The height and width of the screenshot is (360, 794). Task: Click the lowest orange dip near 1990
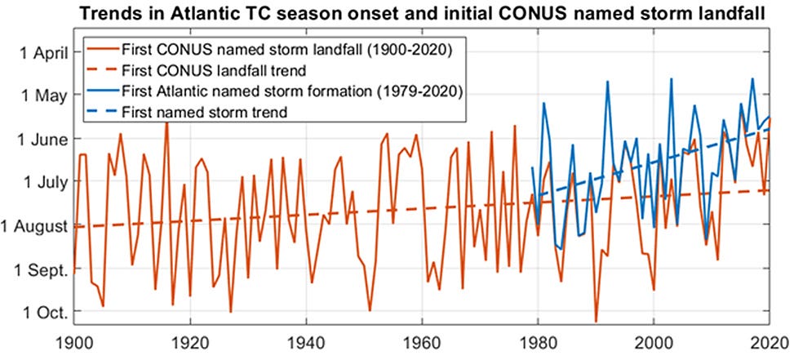point(596,322)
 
